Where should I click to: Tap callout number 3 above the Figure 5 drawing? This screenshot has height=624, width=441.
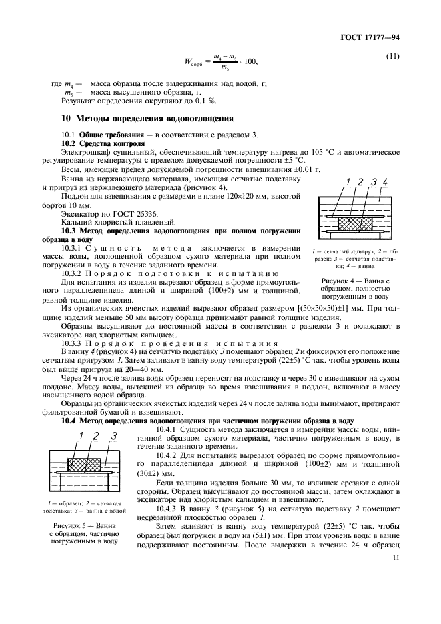coord(114,436)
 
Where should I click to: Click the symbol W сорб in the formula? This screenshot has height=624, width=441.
coord(190,63)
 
